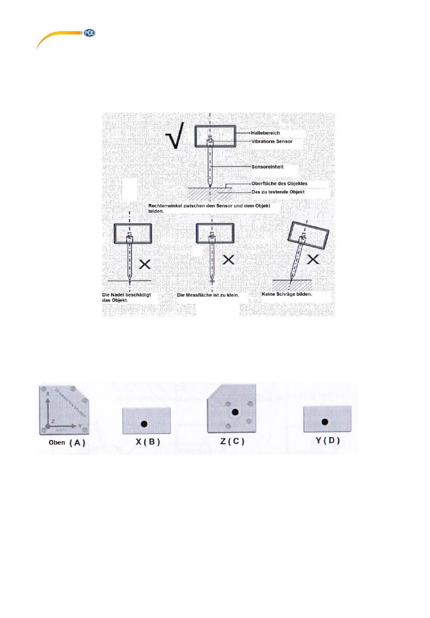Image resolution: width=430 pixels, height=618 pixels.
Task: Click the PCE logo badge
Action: pos(89,33)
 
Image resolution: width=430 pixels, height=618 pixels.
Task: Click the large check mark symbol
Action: pos(175,135)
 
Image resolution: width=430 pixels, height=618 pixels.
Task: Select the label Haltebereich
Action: pos(266,133)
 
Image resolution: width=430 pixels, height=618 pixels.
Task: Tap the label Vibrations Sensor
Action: pos(272,141)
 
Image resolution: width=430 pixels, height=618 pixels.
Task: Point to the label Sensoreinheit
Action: pos(268,167)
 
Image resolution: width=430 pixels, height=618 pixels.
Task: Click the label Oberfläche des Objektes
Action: pos(279,183)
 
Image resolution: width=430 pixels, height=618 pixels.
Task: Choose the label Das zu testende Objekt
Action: pos(278,192)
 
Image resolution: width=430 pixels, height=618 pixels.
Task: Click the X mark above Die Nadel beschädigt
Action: pos(145,264)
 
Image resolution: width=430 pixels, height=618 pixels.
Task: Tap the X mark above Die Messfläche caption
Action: pos(229,260)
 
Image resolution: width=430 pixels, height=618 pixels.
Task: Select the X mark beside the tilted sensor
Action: pos(313,259)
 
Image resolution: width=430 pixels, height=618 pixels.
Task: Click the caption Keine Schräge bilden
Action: pos(287,294)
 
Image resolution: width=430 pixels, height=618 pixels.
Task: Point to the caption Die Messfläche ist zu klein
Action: pos(208,295)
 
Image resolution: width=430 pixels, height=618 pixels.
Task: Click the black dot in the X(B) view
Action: pos(144,424)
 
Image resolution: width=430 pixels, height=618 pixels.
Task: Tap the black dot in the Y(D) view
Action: pos(325,422)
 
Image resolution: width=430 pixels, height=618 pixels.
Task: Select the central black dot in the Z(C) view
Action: pos(235,412)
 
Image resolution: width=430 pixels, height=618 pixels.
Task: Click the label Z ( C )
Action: pos(232,441)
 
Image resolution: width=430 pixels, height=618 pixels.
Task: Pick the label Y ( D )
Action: pos(327,440)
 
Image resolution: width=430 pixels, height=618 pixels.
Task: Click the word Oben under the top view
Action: pos(57,442)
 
